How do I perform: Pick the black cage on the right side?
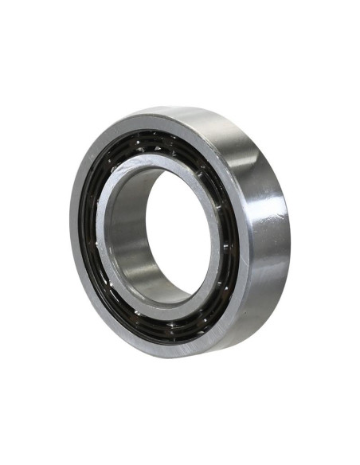coord(231,239)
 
